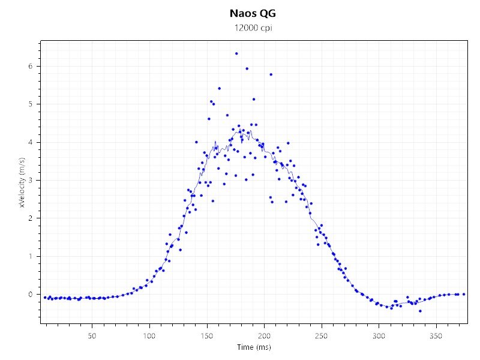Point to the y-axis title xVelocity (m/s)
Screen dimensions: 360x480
pos(22,182)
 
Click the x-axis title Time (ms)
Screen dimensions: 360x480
pos(254,347)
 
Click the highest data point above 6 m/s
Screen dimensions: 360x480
pos(236,53)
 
